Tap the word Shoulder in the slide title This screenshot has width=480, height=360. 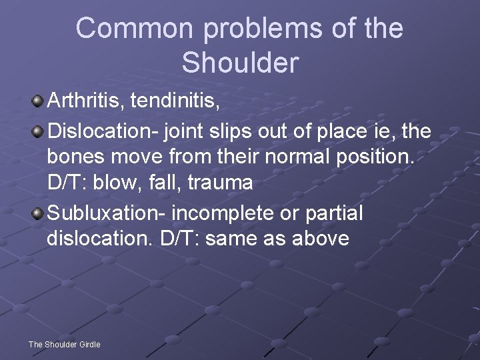(240, 63)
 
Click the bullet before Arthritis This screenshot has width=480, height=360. (38, 102)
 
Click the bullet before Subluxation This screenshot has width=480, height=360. (38, 215)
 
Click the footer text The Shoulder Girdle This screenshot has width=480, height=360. (64, 345)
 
